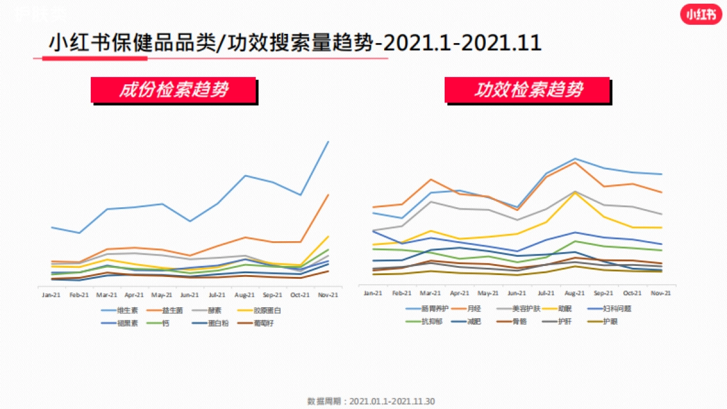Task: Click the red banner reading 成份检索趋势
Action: (173, 90)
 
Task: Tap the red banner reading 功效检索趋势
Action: (528, 90)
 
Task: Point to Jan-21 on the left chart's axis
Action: (51, 295)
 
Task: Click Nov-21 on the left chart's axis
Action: (328, 295)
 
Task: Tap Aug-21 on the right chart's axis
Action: (574, 293)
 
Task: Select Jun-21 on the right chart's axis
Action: (516, 293)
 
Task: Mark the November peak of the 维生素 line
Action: (328, 142)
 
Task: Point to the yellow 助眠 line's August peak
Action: (574, 192)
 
